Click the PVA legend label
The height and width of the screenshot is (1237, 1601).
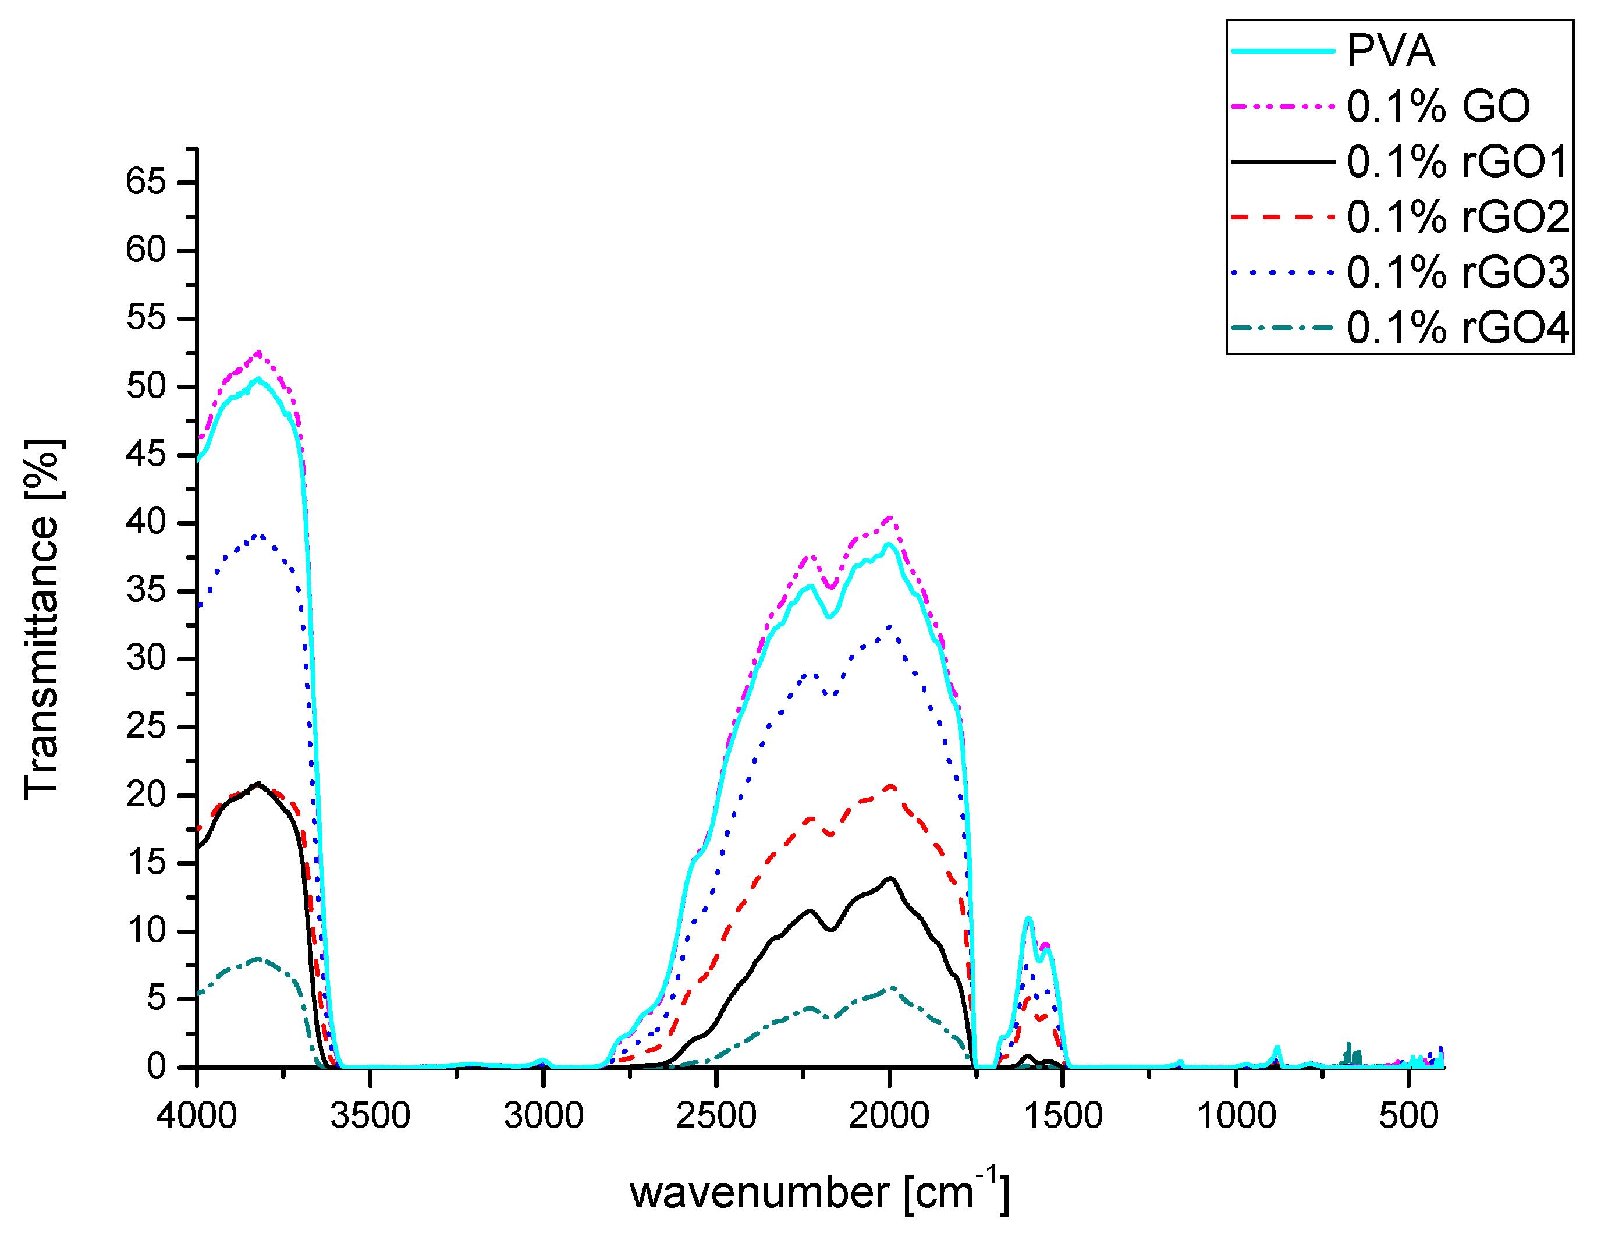[1390, 51]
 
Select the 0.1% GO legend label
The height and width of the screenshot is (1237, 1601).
[1438, 107]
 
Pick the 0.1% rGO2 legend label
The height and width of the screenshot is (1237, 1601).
[1457, 217]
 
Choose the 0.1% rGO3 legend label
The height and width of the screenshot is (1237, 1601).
[1457, 273]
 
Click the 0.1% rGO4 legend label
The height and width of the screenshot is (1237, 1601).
[1457, 328]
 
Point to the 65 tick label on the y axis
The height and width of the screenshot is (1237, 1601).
[146, 181]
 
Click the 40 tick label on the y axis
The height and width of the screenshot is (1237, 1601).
[146, 522]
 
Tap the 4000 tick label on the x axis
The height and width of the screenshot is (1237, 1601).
[197, 1115]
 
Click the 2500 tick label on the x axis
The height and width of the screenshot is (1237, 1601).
[716, 1115]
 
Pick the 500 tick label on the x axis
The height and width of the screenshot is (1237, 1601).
[1408, 1115]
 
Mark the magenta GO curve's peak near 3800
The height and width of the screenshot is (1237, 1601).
[258, 353]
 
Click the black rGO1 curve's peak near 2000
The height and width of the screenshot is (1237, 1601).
[890, 878]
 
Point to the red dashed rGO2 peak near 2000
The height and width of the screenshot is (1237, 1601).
[890, 786]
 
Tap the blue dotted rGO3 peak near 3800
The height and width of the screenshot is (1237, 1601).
[258, 536]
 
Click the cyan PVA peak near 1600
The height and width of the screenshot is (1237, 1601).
[1028, 918]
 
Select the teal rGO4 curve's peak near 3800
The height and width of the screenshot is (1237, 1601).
[258, 959]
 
